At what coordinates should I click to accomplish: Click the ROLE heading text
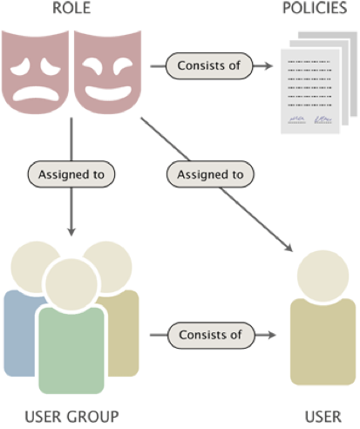pyautogui.click(x=71, y=8)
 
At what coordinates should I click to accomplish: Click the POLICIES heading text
pyautogui.click(x=315, y=8)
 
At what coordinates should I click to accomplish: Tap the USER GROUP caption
pyautogui.click(x=71, y=417)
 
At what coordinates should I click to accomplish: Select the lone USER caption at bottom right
pyautogui.click(x=323, y=417)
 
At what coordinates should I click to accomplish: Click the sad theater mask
pyautogui.click(x=35, y=71)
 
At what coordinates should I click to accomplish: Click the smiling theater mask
pyautogui.click(x=108, y=71)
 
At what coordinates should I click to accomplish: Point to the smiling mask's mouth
pyautogui.click(x=108, y=92)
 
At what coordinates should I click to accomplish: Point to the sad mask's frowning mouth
pyautogui.click(x=36, y=93)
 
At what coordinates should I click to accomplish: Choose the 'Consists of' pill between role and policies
pyautogui.click(x=209, y=66)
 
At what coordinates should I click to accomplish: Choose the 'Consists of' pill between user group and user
pyautogui.click(x=211, y=335)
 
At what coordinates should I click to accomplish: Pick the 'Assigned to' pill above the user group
pyautogui.click(x=71, y=174)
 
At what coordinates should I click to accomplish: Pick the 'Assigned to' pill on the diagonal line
pyautogui.click(x=210, y=174)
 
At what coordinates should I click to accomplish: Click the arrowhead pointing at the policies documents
pyautogui.click(x=268, y=66)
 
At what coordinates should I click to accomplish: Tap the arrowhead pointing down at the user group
pyautogui.click(x=71, y=231)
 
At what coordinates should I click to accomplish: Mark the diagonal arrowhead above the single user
pyautogui.click(x=289, y=248)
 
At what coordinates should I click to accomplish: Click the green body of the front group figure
pyautogui.click(x=71, y=351)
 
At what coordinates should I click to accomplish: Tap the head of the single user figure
pyautogui.click(x=323, y=276)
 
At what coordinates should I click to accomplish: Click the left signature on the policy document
pyautogui.click(x=296, y=119)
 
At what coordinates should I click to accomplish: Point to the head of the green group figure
pyautogui.click(x=71, y=284)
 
